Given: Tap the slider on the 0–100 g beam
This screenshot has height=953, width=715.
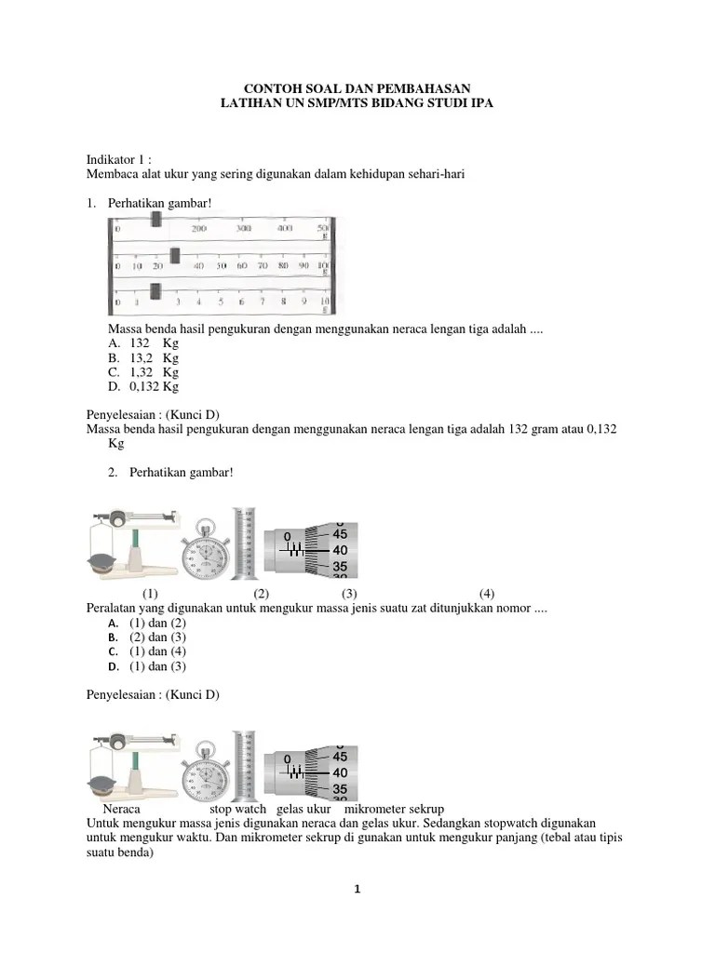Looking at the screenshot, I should coord(174,256).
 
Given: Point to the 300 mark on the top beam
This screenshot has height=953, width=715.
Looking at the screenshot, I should coord(243,228).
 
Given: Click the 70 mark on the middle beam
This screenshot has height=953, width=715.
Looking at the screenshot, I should coord(263,265).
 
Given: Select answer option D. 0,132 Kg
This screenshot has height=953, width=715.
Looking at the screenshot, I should coord(143,386).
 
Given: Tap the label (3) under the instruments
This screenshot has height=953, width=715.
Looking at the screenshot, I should coord(349,594).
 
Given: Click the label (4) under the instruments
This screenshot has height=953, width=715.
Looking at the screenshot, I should coord(487,594).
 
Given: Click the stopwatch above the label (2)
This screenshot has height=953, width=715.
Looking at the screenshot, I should coord(205,553).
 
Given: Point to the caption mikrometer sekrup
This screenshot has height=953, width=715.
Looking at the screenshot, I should coord(401,809).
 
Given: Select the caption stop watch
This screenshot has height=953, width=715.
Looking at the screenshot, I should coord(237,809).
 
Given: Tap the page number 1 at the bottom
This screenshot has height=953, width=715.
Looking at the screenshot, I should coord(357,889).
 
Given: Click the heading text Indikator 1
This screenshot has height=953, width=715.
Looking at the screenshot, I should coord(118,159).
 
